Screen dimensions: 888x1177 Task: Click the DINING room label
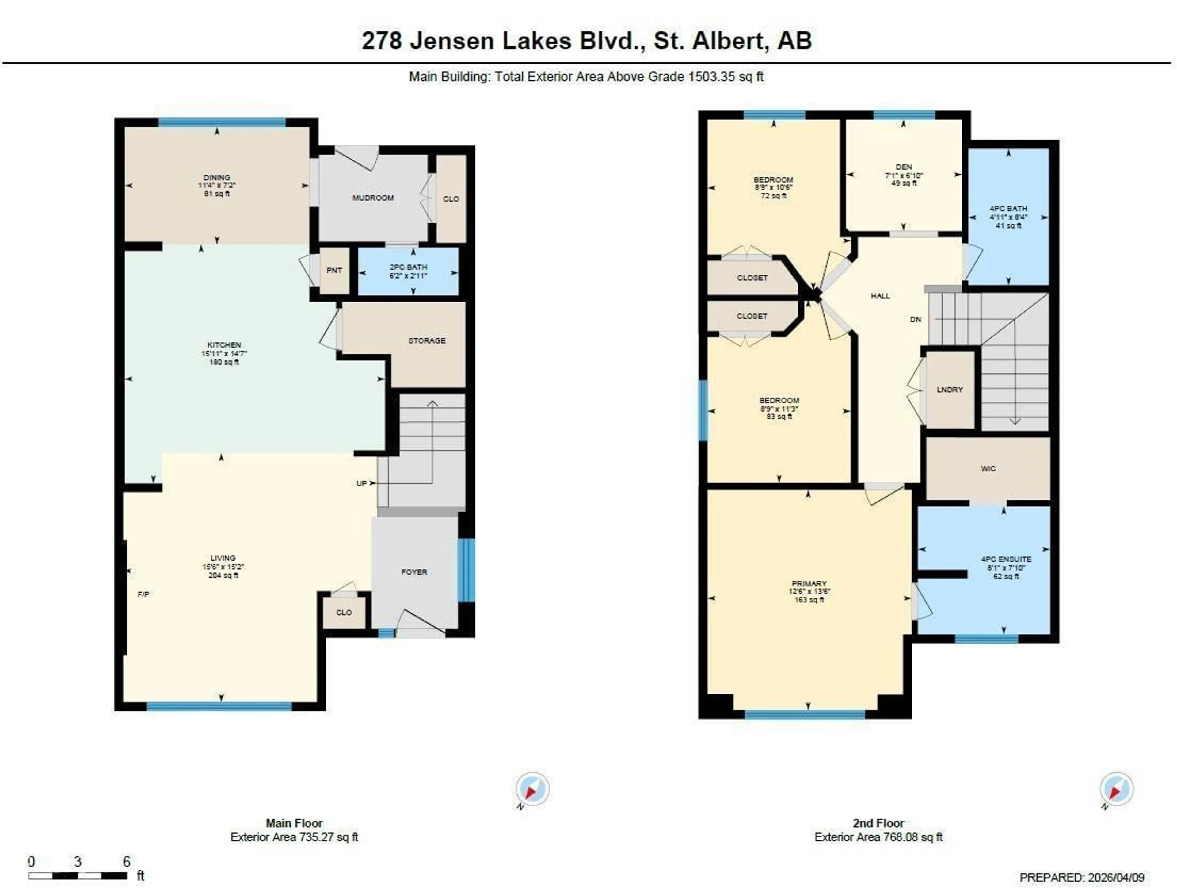coord(217,177)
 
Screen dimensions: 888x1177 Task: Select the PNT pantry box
coord(334,271)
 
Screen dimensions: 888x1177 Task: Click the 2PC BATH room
coord(408,271)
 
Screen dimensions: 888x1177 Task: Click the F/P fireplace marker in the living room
coord(143,594)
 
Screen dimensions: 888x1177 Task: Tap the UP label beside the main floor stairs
coord(361,483)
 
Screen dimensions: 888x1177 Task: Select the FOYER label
coord(414,572)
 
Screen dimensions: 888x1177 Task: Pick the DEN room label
coord(904,167)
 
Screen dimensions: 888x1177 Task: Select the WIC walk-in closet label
coord(988,468)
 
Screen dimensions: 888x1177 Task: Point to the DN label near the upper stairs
coord(915,319)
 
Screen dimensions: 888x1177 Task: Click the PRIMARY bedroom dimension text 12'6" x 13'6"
coord(809,591)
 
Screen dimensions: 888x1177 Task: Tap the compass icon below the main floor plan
coord(532,789)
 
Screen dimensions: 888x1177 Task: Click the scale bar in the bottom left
coord(78,876)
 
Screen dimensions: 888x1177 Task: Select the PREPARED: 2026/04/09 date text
coord(1082,877)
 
